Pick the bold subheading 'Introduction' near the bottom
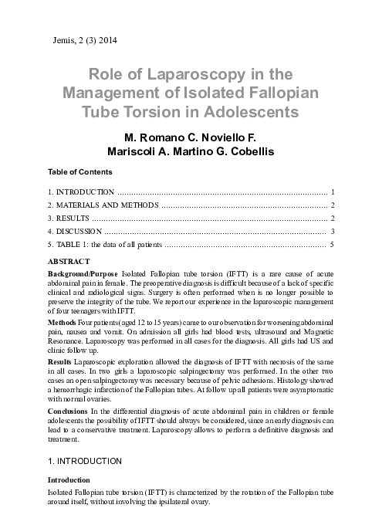(68, 479)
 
